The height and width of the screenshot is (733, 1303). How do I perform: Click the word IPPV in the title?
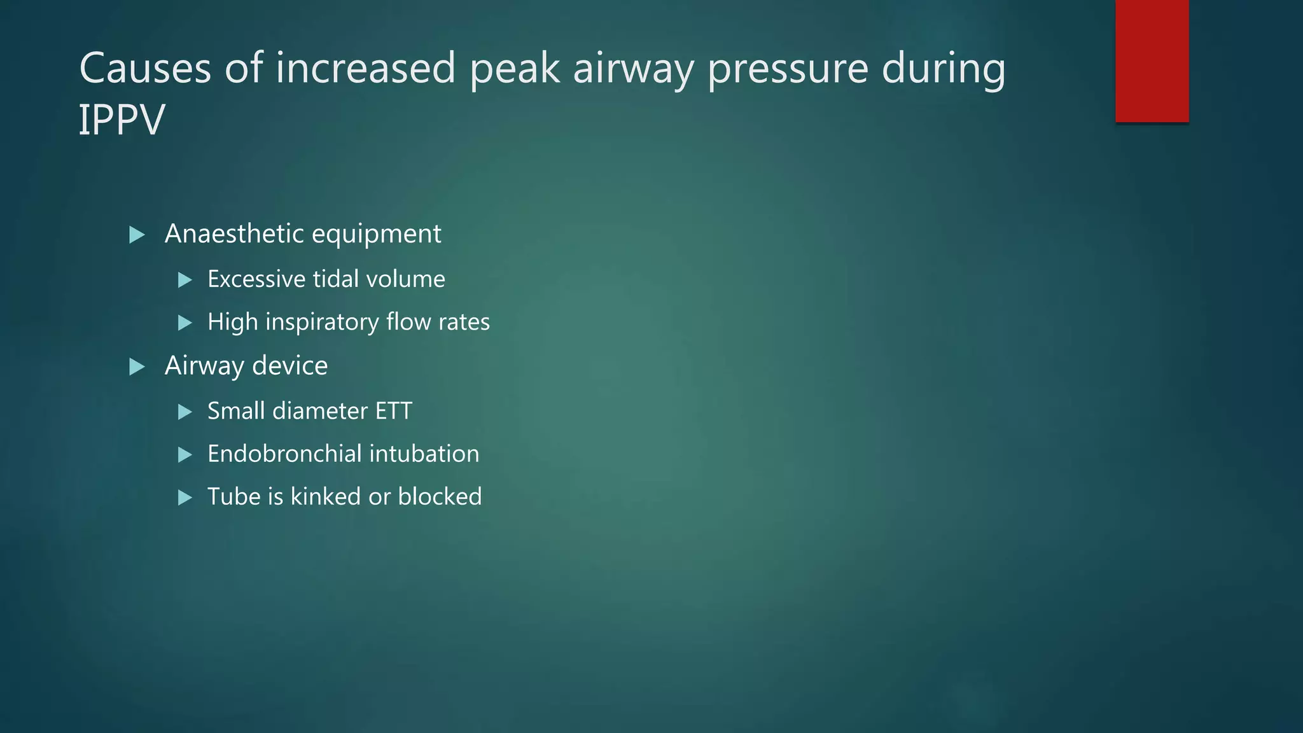point(122,120)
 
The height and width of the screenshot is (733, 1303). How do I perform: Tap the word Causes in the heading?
point(145,68)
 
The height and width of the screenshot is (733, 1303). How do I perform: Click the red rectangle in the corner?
point(1152,61)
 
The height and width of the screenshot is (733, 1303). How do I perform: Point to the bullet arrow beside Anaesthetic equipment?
point(137,235)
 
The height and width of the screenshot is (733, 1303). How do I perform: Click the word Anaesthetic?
point(234,234)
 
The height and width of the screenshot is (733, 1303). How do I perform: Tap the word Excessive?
point(256,279)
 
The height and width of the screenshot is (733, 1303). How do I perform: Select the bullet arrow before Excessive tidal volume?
point(185,280)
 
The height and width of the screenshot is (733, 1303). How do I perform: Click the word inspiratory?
point(321,322)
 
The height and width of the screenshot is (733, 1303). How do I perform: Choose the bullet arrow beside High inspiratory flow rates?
point(185,323)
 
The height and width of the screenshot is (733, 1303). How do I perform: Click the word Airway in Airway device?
point(204,366)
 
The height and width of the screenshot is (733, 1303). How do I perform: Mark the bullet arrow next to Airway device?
point(137,367)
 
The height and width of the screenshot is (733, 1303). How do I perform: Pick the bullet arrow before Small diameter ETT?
point(185,412)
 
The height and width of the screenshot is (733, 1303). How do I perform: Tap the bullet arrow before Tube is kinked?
point(185,498)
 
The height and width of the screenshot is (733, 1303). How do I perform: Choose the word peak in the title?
point(515,68)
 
